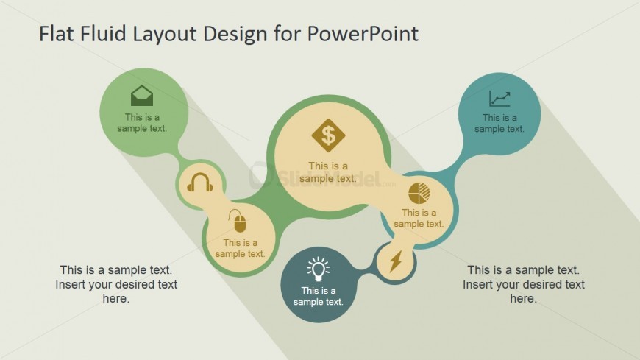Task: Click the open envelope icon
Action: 142,96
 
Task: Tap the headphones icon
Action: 200,182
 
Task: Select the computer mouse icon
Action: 238,221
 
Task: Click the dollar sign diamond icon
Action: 328,135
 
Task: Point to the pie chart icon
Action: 419,193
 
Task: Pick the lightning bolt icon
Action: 396,261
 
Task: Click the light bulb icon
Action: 318,269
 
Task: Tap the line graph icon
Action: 499,99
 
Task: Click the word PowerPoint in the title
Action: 363,34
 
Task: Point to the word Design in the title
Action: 235,35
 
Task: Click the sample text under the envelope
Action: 142,123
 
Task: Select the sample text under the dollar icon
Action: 328,172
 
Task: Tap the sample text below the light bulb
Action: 319,296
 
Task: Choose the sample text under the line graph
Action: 499,124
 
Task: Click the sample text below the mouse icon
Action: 241,248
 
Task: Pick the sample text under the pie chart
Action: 419,218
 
